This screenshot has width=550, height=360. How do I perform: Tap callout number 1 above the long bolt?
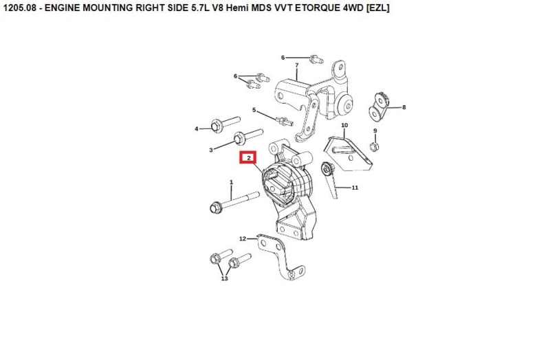[x=232, y=182]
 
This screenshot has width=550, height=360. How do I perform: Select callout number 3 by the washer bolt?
[x=211, y=149]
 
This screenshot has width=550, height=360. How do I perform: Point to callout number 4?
[x=196, y=128]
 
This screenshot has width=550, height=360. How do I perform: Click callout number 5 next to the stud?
[x=254, y=110]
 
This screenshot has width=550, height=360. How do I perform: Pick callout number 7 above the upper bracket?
[x=296, y=65]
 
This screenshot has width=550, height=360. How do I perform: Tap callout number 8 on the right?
[x=404, y=107]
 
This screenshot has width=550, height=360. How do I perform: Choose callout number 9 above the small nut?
[x=375, y=131]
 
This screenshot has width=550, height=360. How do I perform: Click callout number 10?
[x=344, y=125]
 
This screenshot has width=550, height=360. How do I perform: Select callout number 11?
[x=355, y=187]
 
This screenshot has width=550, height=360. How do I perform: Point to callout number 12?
[x=242, y=238]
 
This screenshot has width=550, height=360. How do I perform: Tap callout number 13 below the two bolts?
[x=224, y=279]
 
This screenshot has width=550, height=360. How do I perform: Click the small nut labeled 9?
[x=373, y=145]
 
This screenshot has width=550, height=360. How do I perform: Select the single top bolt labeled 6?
[x=313, y=58]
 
